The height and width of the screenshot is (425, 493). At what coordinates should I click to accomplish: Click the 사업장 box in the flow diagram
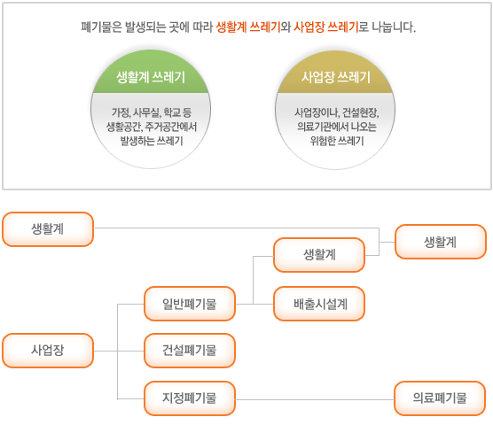pyautogui.click(x=48, y=351)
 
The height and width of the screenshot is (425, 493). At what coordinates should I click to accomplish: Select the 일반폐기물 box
pyautogui.click(x=190, y=304)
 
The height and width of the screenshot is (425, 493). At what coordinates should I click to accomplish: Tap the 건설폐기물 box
pyautogui.click(x=190, y=351)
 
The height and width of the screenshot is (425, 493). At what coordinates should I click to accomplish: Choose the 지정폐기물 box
pyautogui.click(x=190, y=398)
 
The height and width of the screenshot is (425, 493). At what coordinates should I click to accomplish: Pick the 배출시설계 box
pyautogui.click(x=319, y=304)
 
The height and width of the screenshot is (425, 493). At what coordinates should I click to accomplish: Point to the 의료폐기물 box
pyautogui.click(x=440, y=398)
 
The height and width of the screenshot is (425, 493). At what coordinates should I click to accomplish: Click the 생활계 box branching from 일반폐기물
pyautogui.click(x=319, y=255)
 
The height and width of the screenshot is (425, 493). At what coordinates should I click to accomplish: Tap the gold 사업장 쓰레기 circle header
pyautogui.click(x=335, y=75)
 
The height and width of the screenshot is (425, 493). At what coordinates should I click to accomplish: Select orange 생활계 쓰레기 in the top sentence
pyautogui.click(x=248, y=27)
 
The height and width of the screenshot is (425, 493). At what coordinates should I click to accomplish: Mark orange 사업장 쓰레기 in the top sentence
pyautogui.click(x=325, y=27)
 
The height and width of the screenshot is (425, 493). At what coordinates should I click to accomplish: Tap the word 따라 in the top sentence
pyautogui.click(x=203, y=27)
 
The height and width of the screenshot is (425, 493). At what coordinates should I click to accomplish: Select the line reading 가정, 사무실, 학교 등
pyautogui.click(x=152, y=112)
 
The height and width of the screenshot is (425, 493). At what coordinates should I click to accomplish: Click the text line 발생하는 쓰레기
pyautogui.click(x=152, y=141)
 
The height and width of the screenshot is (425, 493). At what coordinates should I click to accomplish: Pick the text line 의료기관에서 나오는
pyautogui.click(x=336, y=127)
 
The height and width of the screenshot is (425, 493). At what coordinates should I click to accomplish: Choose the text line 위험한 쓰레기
pyautogui.click(x=336, y=141)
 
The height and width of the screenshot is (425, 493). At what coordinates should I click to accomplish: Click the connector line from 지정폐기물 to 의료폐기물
pyautogui.click(x=315, y=399)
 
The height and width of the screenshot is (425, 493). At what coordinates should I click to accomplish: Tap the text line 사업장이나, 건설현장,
pyautogui.click(x=336, y=112)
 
